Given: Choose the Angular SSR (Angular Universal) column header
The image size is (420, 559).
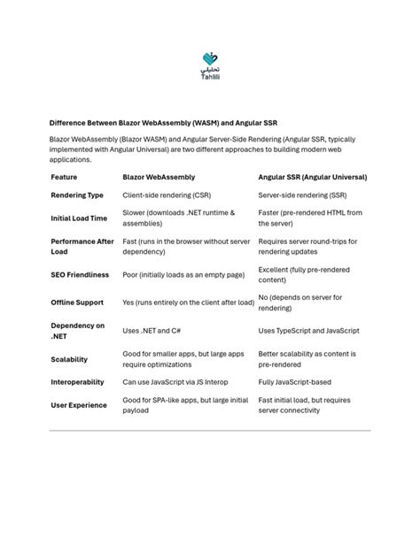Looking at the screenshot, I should coord(312,177).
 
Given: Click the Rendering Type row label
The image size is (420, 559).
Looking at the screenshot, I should coord(77,195).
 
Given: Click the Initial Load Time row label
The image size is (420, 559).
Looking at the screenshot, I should coord(80,218).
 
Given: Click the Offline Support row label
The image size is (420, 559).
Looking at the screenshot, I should coord(77,302).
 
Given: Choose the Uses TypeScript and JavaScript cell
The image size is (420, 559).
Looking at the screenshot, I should coord(308,331).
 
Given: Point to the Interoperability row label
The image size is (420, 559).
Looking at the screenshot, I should coord(77,382).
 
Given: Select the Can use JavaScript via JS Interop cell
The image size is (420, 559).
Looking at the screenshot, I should coord(175,382).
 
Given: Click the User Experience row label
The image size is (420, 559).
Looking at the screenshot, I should coord(79,405).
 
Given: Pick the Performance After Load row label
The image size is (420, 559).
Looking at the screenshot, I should coord(82,246).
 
